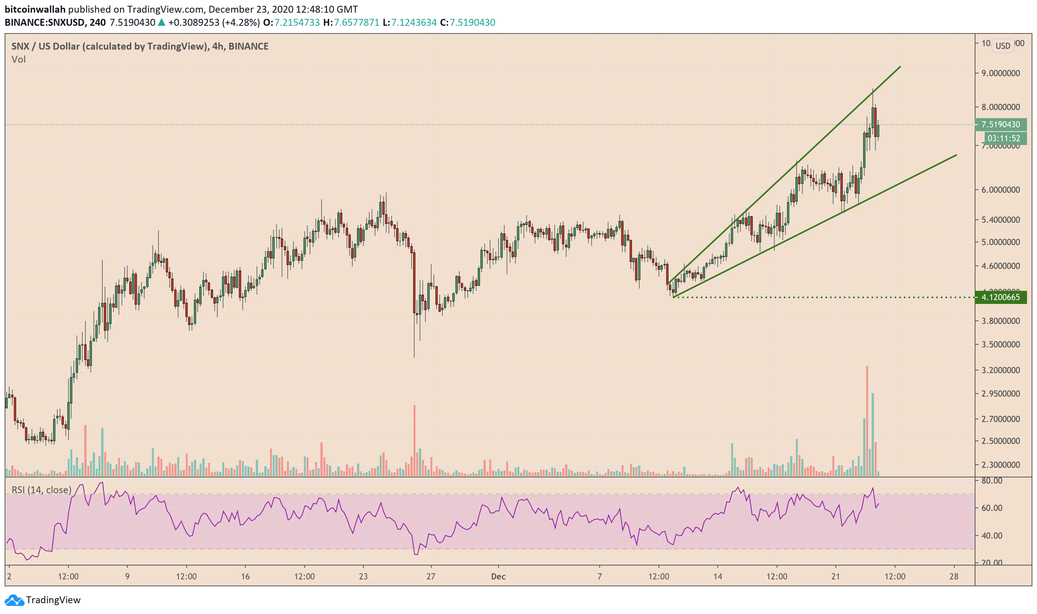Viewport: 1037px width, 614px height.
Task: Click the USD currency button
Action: click(x=1002, y=46)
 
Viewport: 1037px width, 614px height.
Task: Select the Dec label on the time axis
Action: click(x=498, y=577)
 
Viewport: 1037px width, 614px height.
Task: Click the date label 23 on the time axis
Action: click(x=363, y=577)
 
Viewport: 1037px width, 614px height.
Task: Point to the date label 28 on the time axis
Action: click(x=954, y=577)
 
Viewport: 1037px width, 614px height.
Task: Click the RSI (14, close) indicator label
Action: click(x=42, y=490)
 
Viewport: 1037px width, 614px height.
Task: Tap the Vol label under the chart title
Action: click(x=18, y=60)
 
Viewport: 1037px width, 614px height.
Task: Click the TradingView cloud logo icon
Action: click(x=14, y=600)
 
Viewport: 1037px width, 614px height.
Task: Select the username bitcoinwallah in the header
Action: click(x=35, y=9)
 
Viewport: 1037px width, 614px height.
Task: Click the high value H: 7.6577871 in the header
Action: click(x=351, y=22)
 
